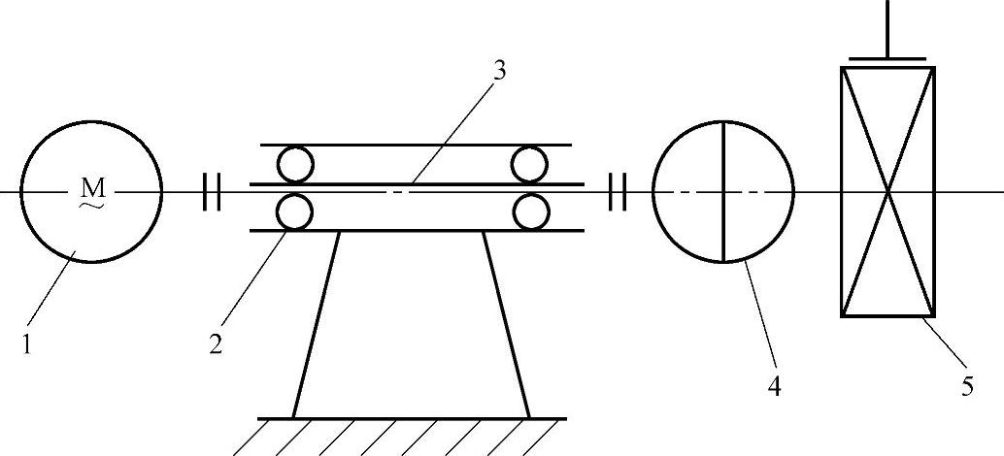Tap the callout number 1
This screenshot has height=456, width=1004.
27,343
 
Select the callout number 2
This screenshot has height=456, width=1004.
216,344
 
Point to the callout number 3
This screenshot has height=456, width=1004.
499,71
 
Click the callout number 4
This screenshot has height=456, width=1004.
774,385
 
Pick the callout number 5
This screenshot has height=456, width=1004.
967,385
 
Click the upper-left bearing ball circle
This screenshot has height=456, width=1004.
294,165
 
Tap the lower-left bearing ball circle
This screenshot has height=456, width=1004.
294,211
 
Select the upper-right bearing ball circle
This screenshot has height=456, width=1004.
530,165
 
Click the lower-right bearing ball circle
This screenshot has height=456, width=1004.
530,212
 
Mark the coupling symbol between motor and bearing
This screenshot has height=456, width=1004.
212,192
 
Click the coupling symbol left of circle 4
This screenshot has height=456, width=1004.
616,192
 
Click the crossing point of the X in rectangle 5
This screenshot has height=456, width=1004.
887,192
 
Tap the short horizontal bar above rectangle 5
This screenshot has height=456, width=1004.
887,58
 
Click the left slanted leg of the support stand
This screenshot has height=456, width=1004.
317,324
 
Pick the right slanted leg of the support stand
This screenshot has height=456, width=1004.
506,324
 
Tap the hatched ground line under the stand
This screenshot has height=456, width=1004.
412,419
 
